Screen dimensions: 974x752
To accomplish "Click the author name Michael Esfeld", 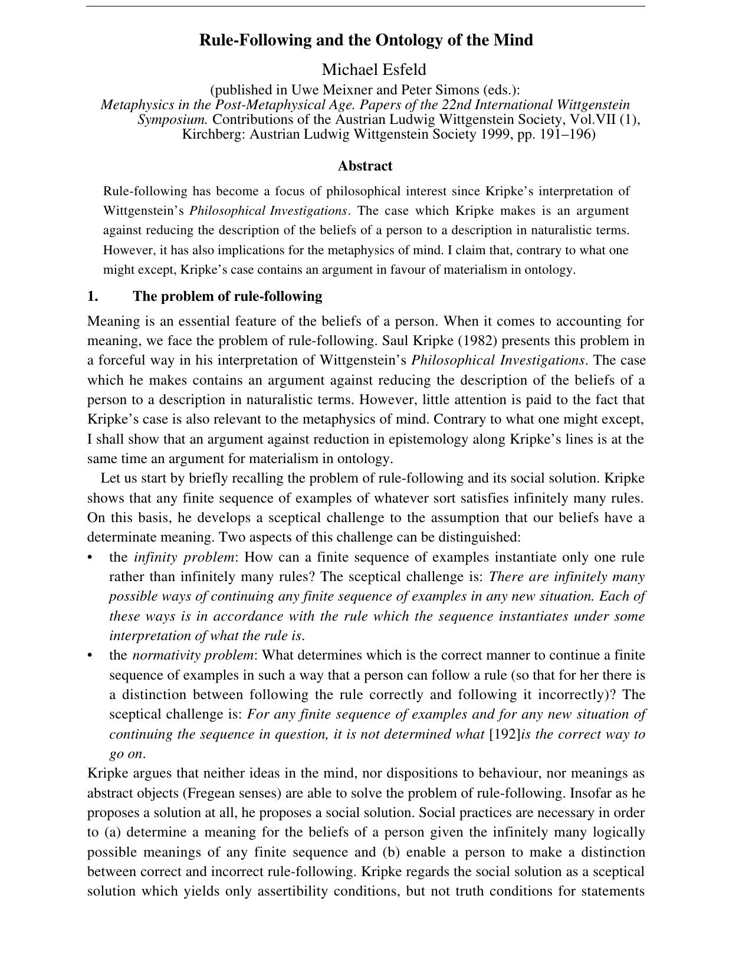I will coord(374,70).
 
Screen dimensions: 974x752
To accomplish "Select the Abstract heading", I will coord(365,166).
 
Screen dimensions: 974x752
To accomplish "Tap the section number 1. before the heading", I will coord(93,296).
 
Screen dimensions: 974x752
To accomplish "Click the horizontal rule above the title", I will coord(366,7).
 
